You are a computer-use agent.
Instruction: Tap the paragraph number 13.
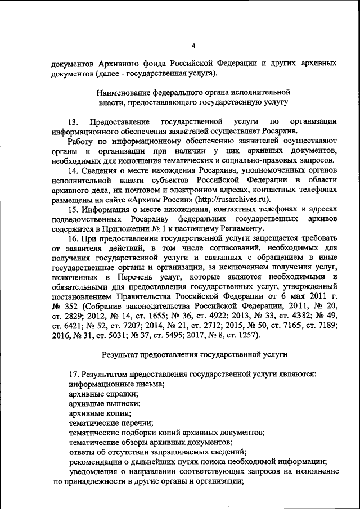tap(74, 122)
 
